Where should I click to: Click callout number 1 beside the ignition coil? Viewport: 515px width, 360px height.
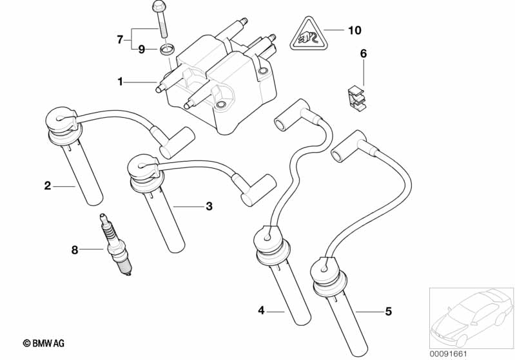point(120,82)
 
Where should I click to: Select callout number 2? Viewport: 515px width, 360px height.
point(48,186)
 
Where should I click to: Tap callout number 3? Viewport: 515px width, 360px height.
point(209,206)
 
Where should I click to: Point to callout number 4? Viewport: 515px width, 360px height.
point(261,311)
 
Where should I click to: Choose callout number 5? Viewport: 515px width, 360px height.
point(388,312)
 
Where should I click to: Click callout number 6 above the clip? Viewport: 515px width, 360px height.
point(363,54)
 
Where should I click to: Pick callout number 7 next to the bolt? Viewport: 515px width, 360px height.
point(120,40)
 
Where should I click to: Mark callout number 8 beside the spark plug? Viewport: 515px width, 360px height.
point(75,250)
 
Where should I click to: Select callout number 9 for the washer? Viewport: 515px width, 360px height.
point(141,49)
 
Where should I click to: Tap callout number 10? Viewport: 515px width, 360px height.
point(355,30)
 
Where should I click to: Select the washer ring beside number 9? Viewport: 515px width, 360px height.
point(168,49)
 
